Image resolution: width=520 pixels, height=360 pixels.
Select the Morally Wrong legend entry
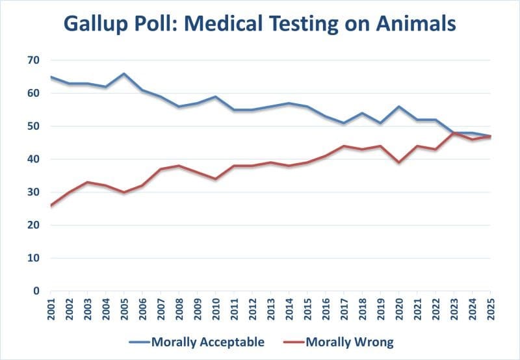pos(349,341)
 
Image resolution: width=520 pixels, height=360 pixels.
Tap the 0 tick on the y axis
pos(37,291)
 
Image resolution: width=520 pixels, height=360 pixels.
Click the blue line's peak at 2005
pos(123,73)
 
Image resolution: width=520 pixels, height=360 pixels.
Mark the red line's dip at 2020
pos(398,162)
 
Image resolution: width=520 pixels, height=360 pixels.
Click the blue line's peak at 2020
pos(398,107)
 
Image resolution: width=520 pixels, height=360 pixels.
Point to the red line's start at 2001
pos(51,205)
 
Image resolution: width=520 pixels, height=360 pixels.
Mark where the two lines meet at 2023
pos(454,133)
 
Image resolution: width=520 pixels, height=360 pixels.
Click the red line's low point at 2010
pos(215,179)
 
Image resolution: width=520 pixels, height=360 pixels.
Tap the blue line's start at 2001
pos(51,77)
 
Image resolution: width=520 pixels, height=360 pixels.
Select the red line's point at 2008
pos(179,166)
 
